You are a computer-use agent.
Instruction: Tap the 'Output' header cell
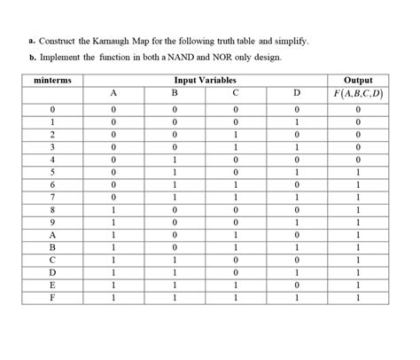pos(358,80)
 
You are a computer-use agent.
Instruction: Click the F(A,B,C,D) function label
pos(358,94)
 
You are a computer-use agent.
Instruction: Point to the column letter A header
pos(113,94)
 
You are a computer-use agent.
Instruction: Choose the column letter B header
pos(175,94)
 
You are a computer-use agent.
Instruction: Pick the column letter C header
pos(235,94)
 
